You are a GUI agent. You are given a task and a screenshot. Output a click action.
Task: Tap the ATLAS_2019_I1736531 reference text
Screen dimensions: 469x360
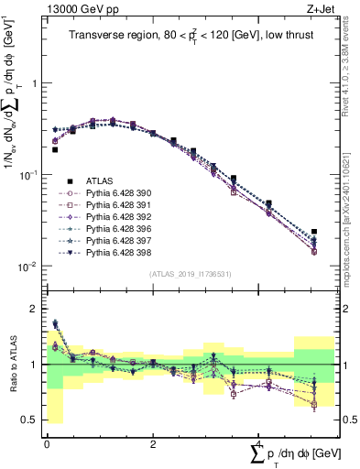pyautogui.click(x=190, y=274)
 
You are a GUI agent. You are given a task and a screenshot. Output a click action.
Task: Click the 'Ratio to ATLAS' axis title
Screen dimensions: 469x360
pyautogui.click(x=12, y=365)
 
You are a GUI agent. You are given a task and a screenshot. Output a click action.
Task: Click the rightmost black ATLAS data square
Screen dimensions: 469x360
pyautogui.click(x=314, y=232)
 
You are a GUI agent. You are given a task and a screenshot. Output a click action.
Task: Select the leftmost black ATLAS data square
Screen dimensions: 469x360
pyautogui.click(x=55, y=149)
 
